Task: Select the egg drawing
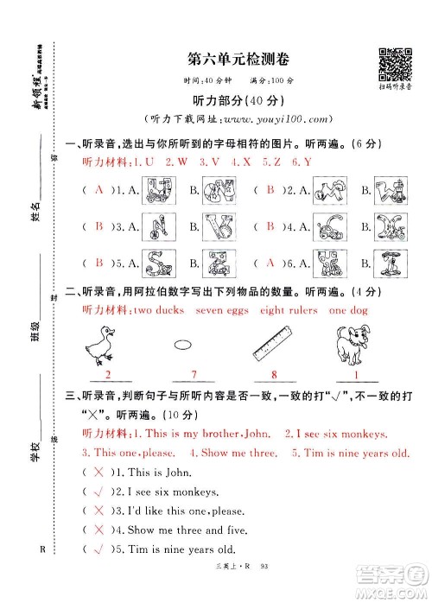(x=181, y=345)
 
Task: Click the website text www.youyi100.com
(x=265, y=118)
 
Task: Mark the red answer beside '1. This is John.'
(x=98, y=472)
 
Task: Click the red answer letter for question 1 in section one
(x=98, y=190)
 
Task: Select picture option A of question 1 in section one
(x=159, y=190)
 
